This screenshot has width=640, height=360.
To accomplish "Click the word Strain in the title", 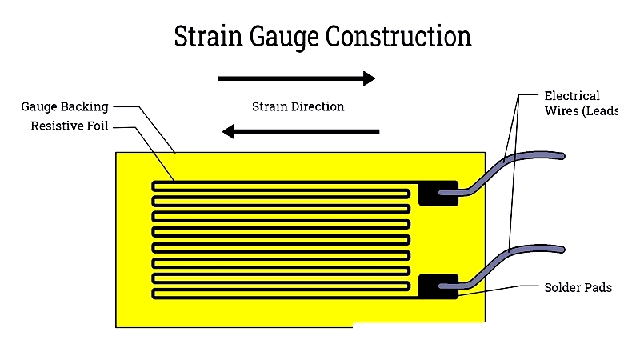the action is (x=209, y=36).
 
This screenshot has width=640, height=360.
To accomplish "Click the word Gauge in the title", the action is (x=284, y=38).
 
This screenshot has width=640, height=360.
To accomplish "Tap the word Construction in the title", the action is (x=398, y=36).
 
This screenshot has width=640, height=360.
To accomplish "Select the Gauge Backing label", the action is (x=65, y=107).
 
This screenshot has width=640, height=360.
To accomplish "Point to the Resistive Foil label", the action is (x=70, y=126).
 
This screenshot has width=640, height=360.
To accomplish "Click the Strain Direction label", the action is (x=298, y=106).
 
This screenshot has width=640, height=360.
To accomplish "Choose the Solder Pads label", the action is (x=578, y=288).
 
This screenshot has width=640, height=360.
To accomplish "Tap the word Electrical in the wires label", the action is (x=572, y=96).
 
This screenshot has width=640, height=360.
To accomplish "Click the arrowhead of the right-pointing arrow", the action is (x=369, y=78).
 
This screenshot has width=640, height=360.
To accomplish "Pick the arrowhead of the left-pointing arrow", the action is (x=229, y=131).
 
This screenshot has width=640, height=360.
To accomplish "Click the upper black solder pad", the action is (x=438, y=194).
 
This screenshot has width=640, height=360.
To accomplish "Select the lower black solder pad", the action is (x=438, y=286).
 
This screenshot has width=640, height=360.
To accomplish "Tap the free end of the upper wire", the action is (x=562, y=156).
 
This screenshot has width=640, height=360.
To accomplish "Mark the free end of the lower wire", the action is (x=562, y=250).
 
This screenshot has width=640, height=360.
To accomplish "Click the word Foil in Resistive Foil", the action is (x=98, y=126).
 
